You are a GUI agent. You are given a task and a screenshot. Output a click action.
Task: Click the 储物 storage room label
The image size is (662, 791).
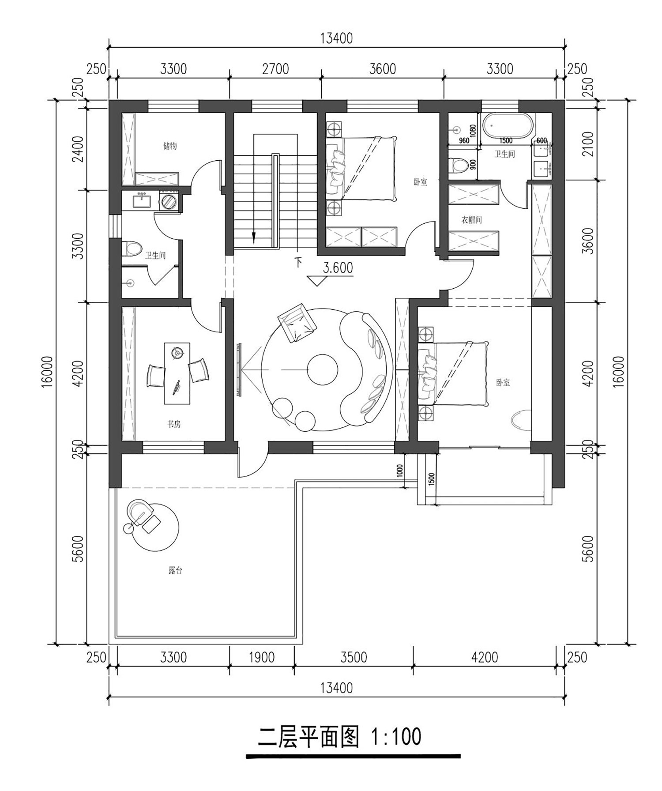(x=170, y=146)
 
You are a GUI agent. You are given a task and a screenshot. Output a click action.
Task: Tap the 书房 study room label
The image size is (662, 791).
(x=173, y=424)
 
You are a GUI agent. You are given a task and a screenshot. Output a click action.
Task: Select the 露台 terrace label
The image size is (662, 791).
(x=175, y=570)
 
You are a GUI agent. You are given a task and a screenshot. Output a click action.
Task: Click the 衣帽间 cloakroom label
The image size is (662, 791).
(x=471, y=220)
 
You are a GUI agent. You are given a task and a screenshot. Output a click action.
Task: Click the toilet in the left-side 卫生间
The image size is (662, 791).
(x=131, y=248)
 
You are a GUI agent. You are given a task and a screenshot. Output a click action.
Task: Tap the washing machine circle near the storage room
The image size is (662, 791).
(x=168, y=202)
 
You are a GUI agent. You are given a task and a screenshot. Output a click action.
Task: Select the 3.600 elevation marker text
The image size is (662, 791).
(x=338, y=268)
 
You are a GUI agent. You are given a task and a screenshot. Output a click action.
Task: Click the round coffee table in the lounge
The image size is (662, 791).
(x=322, y=369)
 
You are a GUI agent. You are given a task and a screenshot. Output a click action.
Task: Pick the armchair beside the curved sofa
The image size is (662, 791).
(x=297, y=323)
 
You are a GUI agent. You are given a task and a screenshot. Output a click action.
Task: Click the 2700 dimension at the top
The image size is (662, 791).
(x=275, y=69)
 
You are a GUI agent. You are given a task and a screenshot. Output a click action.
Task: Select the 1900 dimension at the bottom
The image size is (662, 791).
(x=262, y=657)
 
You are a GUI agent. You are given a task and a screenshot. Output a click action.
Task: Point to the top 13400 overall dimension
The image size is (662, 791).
(x=337, y=38)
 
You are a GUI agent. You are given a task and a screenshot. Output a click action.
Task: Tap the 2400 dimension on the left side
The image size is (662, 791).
(x=78, y=149)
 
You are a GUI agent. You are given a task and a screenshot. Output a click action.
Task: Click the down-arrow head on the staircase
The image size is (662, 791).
(x=254, y=238)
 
